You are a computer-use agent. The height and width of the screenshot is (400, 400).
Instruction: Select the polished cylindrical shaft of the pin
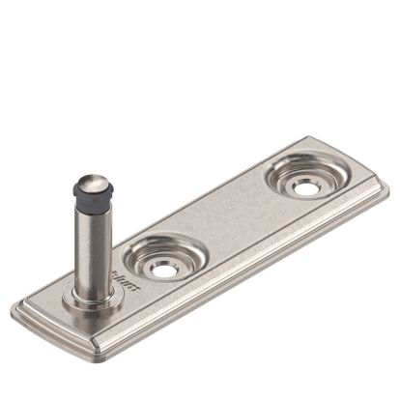click(93, 246)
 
